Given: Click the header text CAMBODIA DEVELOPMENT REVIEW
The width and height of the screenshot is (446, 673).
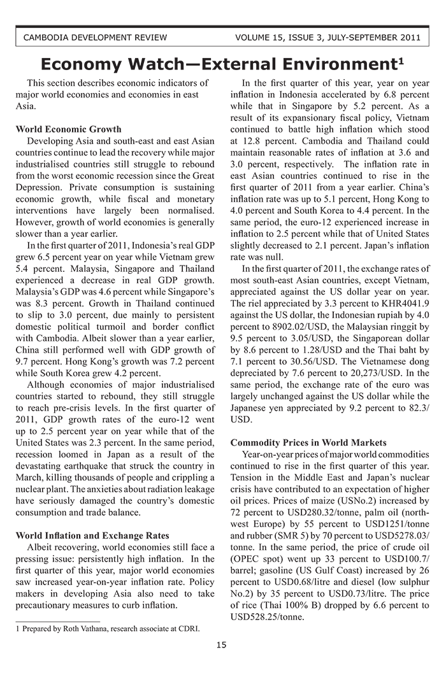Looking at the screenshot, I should click(x=95, y=37).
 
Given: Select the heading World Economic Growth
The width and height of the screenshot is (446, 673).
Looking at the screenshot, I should click(x=68, y=129).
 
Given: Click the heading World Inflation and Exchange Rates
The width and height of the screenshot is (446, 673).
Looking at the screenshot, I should click(x=92, y=535).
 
